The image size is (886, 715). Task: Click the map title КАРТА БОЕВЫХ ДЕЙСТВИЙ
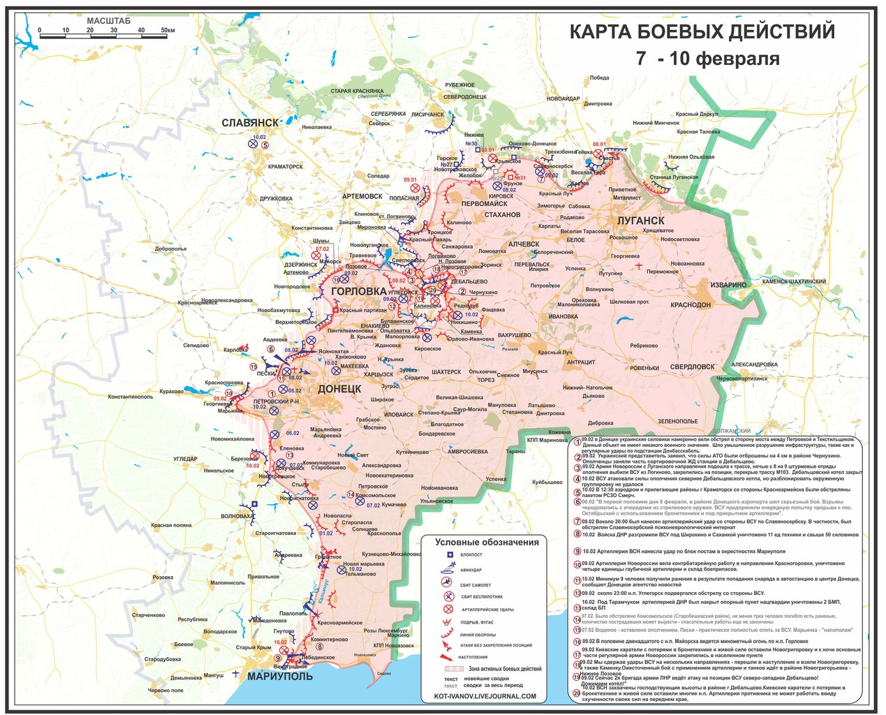click(702, 32)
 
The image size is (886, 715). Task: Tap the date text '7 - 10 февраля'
click(707, 59)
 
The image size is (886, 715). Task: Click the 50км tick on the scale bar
click(168, 30)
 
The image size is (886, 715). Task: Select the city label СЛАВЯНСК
click(250, 123)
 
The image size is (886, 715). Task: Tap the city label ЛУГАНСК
click(640, 221)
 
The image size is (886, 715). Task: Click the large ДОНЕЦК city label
click(340, 388)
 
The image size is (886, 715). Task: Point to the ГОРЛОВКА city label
click(358, 290)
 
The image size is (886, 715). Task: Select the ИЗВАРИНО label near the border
click(728, 285)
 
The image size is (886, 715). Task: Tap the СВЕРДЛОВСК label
click(692, 367)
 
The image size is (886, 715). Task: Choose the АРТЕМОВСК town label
click(362, 197)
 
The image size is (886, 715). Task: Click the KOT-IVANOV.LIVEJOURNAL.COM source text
click(485, 696)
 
